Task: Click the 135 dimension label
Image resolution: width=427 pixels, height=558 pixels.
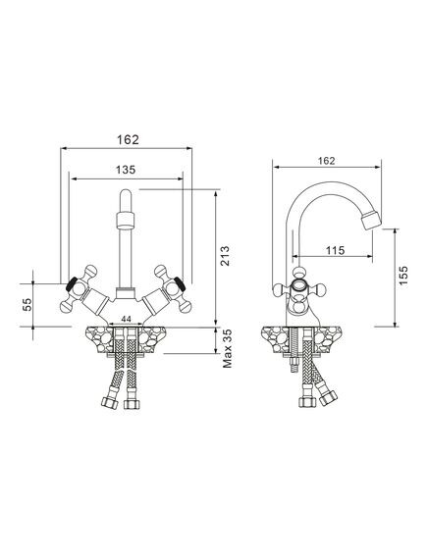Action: click(x=126, y=170)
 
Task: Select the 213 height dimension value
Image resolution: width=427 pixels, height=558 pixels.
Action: click(x=225, y=256)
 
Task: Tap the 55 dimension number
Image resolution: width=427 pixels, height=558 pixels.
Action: click(x=27, y=304)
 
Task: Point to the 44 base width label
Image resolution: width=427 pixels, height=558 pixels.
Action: click(x=126, y=320)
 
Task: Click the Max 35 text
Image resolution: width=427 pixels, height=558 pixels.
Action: click(x=227, y=348)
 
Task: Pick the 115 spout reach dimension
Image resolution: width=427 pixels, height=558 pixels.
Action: click(x=335, y=250)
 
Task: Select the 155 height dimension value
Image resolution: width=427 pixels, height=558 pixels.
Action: click(x=403, y=276)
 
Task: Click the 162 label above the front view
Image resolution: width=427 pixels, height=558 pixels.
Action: click(x=129, y=139)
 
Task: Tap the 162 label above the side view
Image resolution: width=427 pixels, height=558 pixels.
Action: click(x=327, y=161)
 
